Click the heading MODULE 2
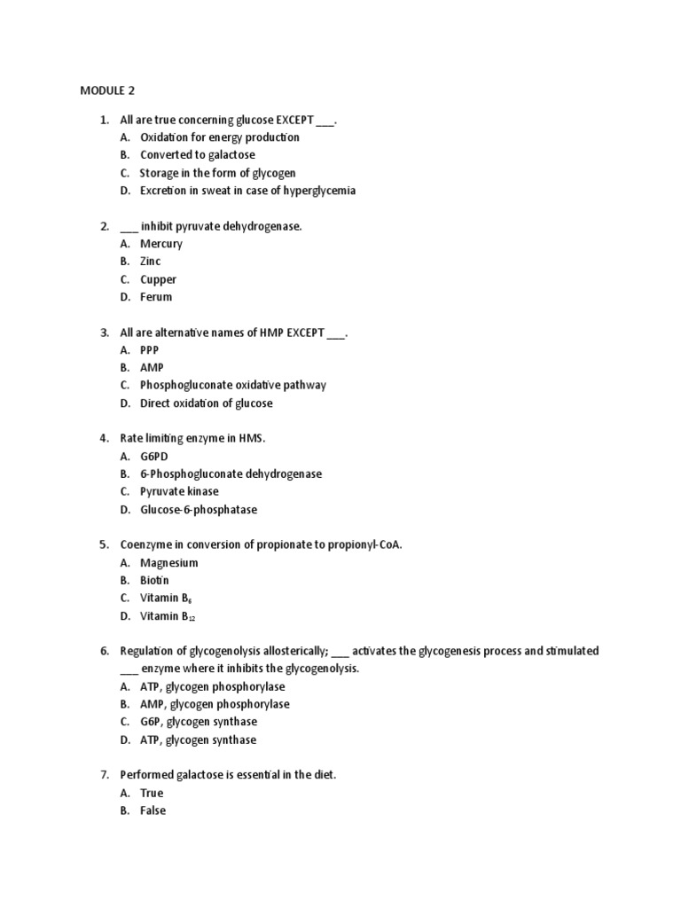(108, 90)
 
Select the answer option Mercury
(161, 244)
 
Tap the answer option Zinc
(151, 262)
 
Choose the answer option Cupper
(158, 279)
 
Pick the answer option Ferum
(156, 297)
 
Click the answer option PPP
(150, 350)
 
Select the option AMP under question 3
(152, 368)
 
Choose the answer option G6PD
(154, 457)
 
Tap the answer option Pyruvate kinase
(179, 491)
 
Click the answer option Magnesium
(168, 563)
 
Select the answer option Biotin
(155, 581)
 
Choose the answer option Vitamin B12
(167, 616)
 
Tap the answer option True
(152, 793)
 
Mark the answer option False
(153, 810)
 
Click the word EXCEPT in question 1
(288, 120)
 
